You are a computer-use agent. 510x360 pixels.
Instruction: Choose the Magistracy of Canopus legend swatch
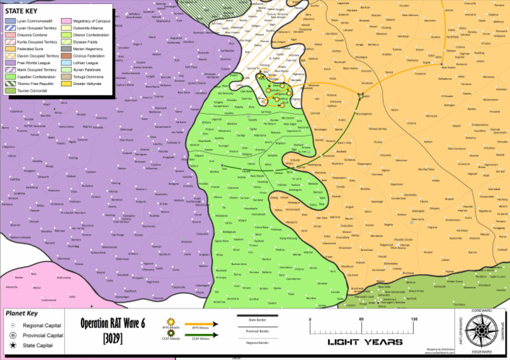(66, 22)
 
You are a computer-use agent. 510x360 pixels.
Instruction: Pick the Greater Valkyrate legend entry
(66, 84)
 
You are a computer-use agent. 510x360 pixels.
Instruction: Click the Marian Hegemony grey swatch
(66, 49)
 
